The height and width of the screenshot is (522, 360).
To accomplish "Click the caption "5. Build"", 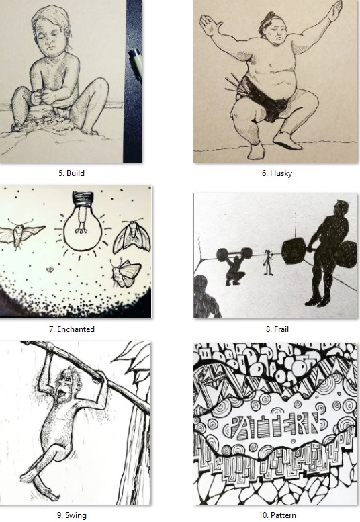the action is pyautogui.click(x=72, y=173).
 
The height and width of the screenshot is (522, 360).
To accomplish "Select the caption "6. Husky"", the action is pyautogui.click(x=277, y=173).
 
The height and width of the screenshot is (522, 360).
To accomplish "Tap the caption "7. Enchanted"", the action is pyautogui.click(x=72, y=329).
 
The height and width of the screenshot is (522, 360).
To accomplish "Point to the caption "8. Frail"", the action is pyautogui.click(x=277, y=329).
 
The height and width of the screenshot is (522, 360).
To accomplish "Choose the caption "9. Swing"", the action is pyautogui.click(x=72, y=515).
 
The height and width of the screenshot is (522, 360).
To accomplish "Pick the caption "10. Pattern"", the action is pyautogui.click(x=277, y=515).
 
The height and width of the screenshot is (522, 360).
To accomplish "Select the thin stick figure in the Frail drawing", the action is pyautogui.click(x=267, y=262).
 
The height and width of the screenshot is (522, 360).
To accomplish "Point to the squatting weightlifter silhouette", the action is pyautogui.click(x=236, y=266).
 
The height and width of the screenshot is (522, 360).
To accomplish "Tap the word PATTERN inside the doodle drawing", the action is pyautogui.click(x=276, y=425).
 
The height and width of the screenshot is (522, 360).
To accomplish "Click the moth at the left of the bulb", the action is pyautogui.click(x=21, y=232).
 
